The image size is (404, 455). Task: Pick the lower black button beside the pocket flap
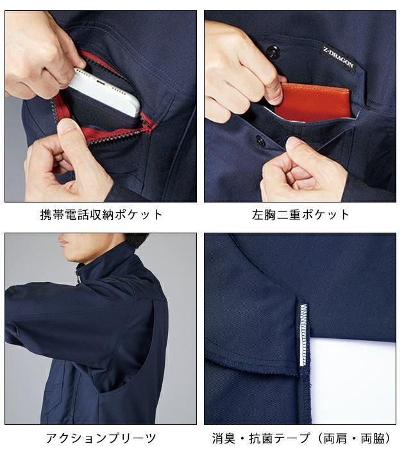click(260, 139)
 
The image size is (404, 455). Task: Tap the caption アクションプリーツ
click(101, 439)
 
